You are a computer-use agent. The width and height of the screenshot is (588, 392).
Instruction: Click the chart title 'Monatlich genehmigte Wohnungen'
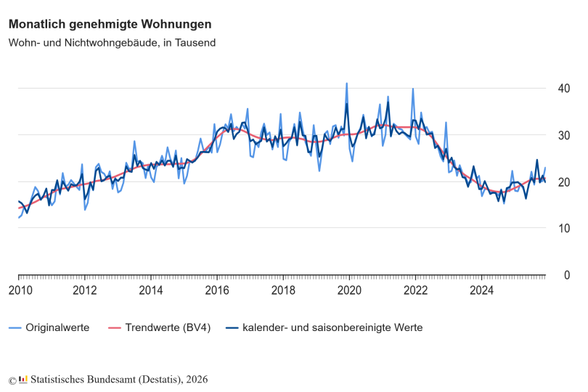(110, 24)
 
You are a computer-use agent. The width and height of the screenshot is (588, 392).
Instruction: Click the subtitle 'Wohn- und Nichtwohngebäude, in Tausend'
(112, 43)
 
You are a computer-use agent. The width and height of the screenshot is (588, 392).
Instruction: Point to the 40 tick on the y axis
(563, 89)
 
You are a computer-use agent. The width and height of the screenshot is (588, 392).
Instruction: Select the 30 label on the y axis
(563, 135)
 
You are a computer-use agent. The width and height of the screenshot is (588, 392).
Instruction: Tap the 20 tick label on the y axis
(563, 181)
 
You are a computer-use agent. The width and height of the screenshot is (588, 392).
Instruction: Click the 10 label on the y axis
(563, 228)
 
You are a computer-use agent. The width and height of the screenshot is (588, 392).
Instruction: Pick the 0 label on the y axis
(566, 274)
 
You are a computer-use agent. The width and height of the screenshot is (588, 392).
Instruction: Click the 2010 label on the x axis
(20, 291)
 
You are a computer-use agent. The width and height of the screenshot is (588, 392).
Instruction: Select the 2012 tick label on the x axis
(85, 291)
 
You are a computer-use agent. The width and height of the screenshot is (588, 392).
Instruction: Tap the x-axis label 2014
(151, 291)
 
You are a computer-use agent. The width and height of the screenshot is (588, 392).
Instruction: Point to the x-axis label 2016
(217, 291)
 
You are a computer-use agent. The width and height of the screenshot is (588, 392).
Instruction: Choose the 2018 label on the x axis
(283, 291)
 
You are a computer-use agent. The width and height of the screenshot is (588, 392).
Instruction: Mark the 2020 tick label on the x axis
(349, 291)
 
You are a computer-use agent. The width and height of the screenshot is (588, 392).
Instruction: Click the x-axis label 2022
(415, 291)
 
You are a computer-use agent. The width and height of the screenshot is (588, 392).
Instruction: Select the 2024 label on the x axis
(481, 291)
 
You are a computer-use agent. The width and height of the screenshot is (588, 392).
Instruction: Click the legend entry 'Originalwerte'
(57, 327)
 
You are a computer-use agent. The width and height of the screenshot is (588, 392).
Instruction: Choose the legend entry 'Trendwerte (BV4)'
(168, 327)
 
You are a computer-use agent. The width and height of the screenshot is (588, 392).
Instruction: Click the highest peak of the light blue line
(346, 83)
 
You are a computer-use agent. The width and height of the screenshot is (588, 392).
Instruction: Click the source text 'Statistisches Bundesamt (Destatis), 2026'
(119, 380)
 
